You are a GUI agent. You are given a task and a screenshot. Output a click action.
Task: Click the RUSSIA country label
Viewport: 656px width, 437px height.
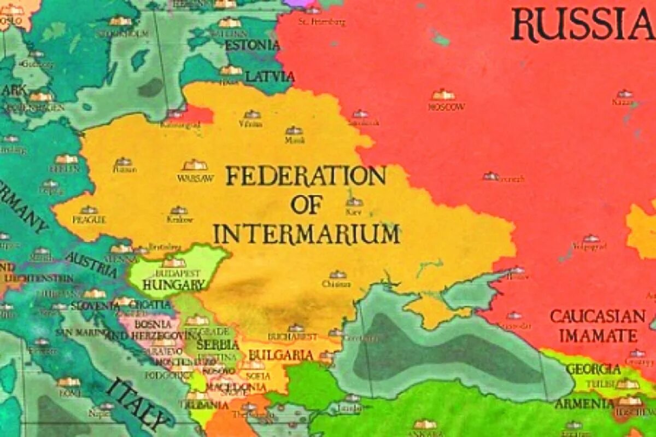point(583,25)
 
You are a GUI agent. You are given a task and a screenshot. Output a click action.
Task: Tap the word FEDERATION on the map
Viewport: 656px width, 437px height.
point(306,177)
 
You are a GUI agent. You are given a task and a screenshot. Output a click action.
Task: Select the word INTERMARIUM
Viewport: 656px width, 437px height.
point(306,234)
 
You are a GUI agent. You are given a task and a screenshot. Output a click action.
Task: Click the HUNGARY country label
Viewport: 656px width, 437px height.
point(173,284)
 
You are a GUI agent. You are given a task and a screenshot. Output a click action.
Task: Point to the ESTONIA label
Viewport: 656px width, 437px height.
point(252,45)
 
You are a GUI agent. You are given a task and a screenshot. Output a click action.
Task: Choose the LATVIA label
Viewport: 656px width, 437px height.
point(270,77)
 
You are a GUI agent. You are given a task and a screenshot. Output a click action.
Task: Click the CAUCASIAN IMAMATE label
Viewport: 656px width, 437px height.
point(598,326)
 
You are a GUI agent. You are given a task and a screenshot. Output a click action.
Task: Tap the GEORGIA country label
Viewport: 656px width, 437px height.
point(593,369)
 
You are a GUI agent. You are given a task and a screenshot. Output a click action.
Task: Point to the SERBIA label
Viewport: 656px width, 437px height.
point(218,345)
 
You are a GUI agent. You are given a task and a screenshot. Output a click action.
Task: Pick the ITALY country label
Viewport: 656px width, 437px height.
point(137,405)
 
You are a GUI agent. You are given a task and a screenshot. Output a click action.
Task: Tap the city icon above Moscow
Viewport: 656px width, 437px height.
point(443,95)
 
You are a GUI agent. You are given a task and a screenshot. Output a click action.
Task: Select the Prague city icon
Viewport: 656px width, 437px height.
point(89,210)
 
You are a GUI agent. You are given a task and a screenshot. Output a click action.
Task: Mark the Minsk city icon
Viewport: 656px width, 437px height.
point(294,131)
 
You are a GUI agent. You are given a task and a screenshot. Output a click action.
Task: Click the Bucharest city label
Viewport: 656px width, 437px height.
point(293,336)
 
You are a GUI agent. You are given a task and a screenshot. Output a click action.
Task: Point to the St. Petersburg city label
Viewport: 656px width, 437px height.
point(322,22)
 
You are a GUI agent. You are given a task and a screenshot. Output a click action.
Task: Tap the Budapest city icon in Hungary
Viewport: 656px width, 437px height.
point(173,263)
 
